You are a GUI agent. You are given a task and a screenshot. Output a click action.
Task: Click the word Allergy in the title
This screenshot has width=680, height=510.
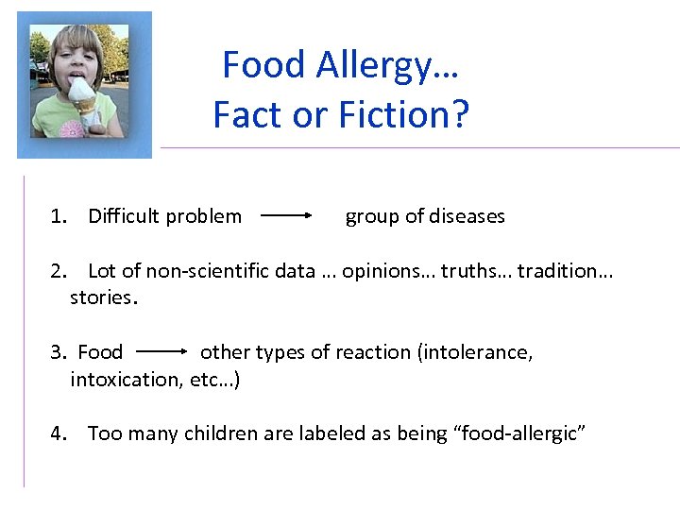click(x=369, y=65)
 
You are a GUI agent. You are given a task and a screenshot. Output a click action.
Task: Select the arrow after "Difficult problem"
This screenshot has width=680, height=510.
click(x=286, y=215)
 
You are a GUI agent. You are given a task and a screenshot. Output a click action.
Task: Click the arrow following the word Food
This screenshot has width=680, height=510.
click(x=161, y=351)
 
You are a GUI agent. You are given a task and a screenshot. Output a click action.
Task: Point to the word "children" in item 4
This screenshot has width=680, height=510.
click(x=217, y=433)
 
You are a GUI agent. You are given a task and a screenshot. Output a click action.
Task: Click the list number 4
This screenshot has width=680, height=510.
click(x=59, y=433)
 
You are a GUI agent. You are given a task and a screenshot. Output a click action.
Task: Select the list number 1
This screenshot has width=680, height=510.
click(x=59, y=216)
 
